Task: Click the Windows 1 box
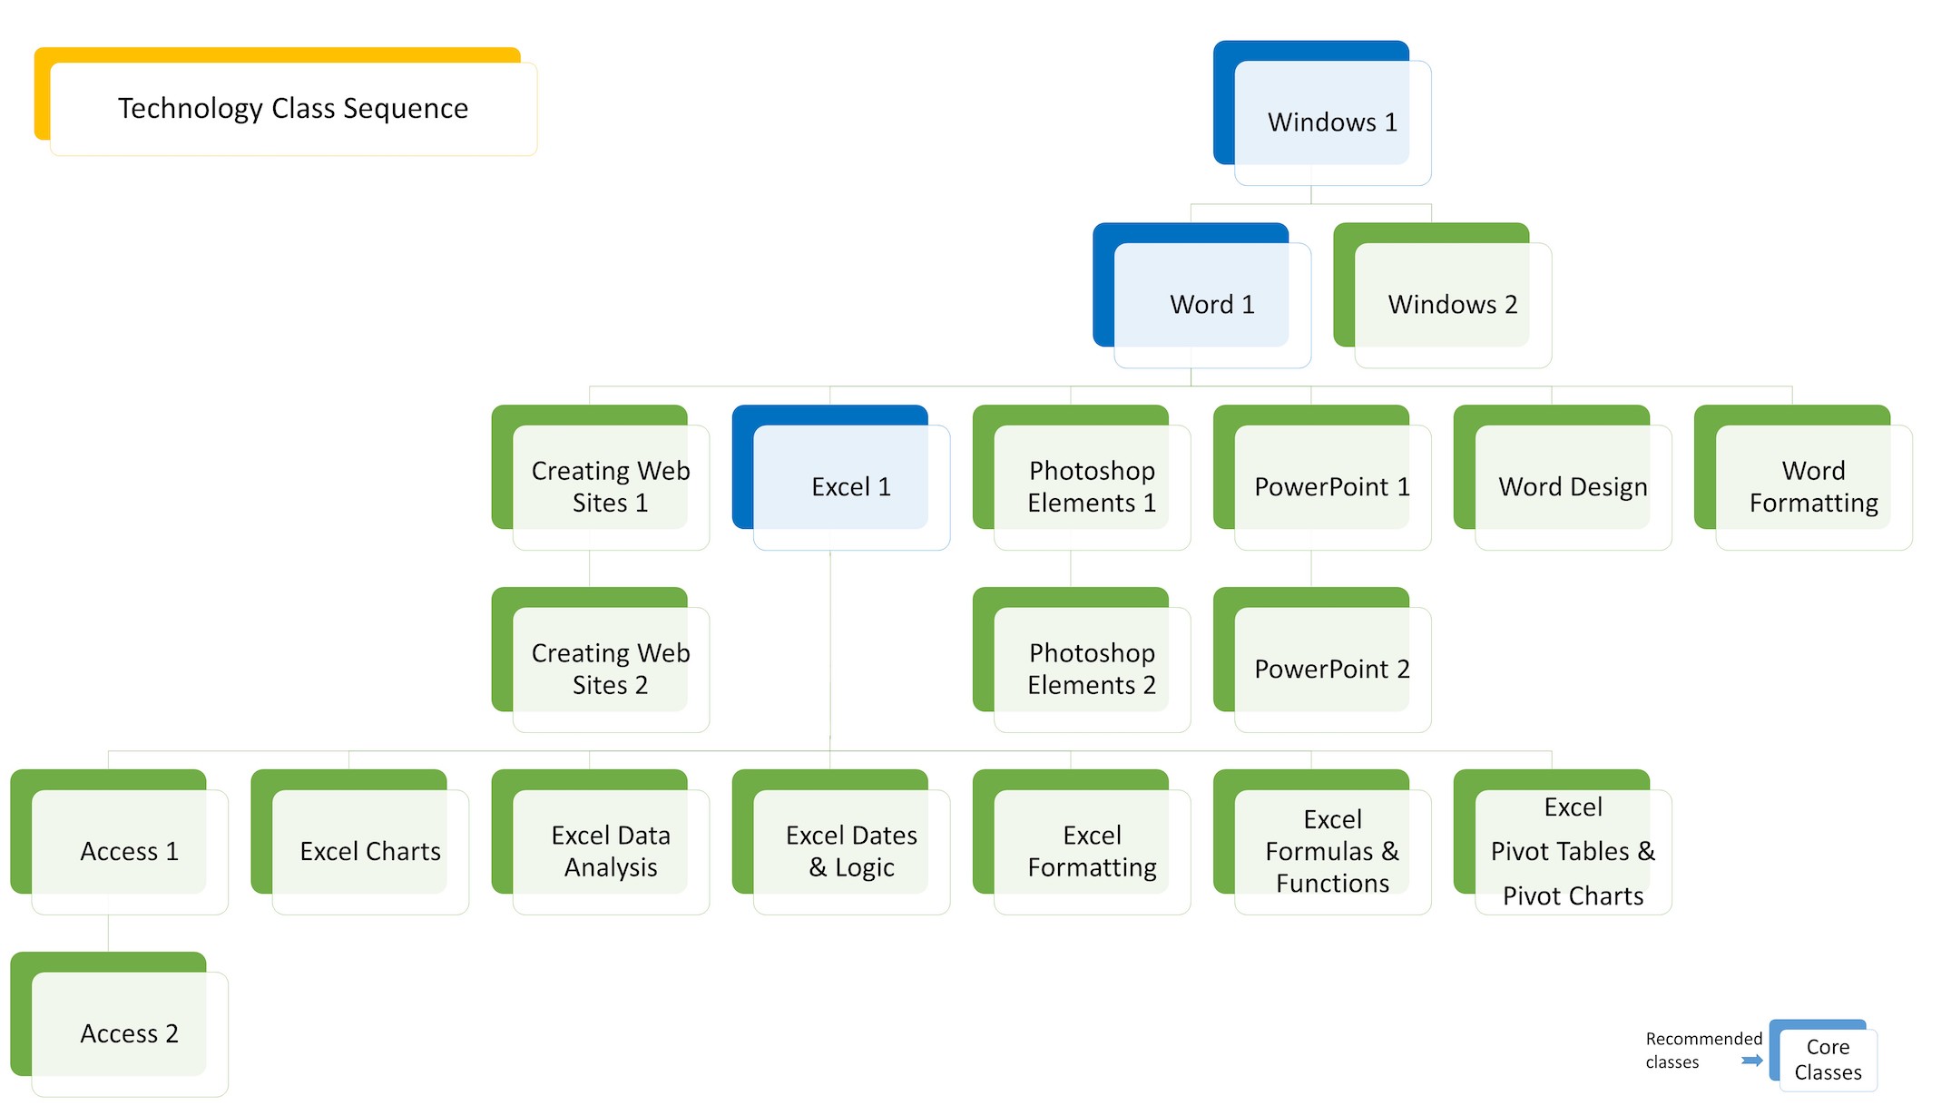click(x=1331, y=122)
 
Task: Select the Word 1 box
click(x=1211, y=304)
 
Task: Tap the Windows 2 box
click(x=1452, y=304)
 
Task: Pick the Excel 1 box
click(x=850, y=487)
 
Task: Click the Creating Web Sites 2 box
click(x=610, y=669)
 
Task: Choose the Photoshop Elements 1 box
click(x=1091, y=487)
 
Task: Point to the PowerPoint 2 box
click(x=1331, y=669)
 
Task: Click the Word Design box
click(x=1572, y=487)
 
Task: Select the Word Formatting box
click(x=1812, y=487)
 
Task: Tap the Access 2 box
click(x=129, y=1033)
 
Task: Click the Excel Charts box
click(x=369, y=851)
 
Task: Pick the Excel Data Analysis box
click(x=610, y=851)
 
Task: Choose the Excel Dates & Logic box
click(x=850, y=851)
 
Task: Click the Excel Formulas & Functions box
click(x=1331, y=851)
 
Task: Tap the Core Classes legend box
click(x=1827, y=1059)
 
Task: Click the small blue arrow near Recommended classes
click(x=1752, y=1061)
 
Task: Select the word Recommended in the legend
click(x=1703, y=1039)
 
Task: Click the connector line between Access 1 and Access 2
click(x=108, y=933)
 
